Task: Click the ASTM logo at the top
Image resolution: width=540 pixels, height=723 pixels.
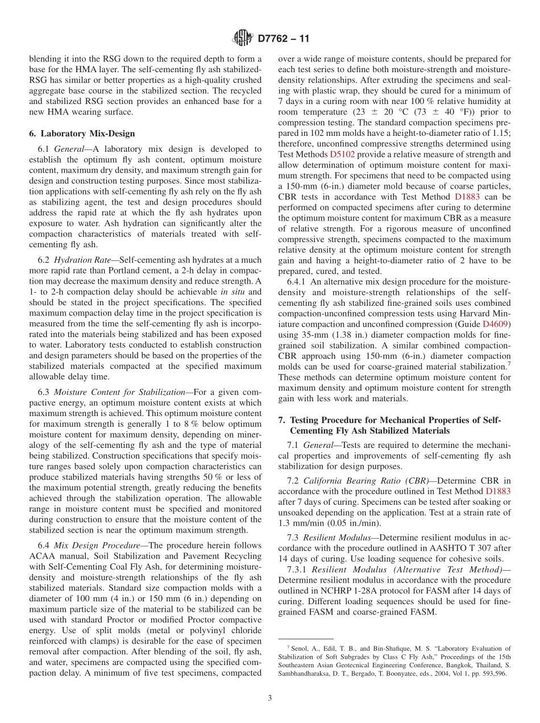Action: click(x=243, y=39)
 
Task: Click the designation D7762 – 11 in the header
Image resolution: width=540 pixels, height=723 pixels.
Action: click(x=284, y=39)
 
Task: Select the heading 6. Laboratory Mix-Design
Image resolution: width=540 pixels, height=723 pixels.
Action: click(x=82, y=134)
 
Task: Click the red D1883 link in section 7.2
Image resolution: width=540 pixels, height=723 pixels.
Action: click(x=498, y=491)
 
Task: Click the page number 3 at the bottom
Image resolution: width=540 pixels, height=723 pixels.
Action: click(x=269, y=698)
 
